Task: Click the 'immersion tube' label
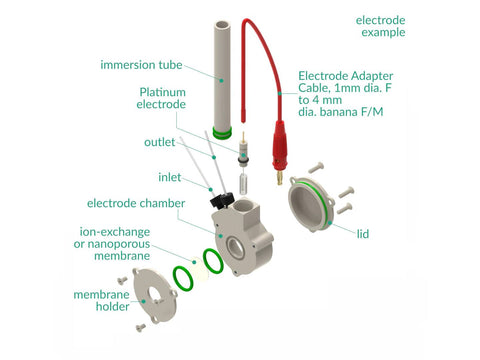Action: point(141,65)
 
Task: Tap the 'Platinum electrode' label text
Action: point(161,98)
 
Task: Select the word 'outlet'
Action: point(159,142)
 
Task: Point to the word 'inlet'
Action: point(170,177)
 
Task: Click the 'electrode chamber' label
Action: point(136,203)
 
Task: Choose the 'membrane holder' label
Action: point(101,300)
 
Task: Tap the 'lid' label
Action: point(363,234)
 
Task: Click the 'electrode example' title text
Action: point(381,26)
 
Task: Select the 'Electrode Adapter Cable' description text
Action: point(346,94)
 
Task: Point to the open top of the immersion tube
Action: point(222,26)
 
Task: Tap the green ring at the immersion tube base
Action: point(222,133)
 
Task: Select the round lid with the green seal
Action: point(311,204)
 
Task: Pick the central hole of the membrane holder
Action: point(155,294)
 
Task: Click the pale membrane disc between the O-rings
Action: point(199,269)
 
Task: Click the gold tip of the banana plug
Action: point(279,178)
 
